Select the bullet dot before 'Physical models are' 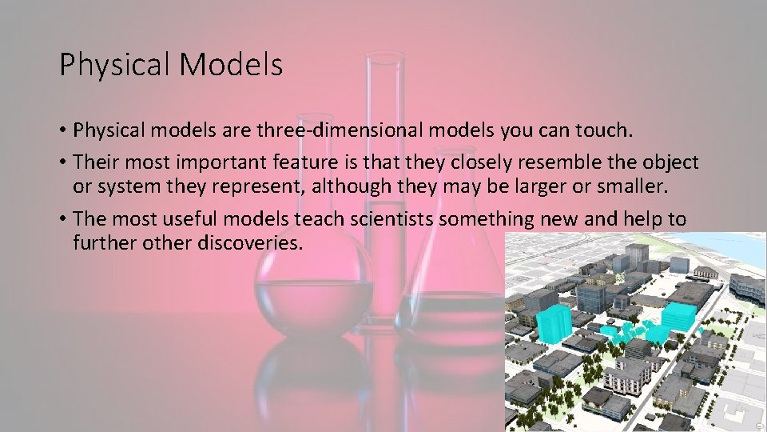pos(62,130)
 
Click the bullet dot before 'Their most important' pos(62,163)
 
